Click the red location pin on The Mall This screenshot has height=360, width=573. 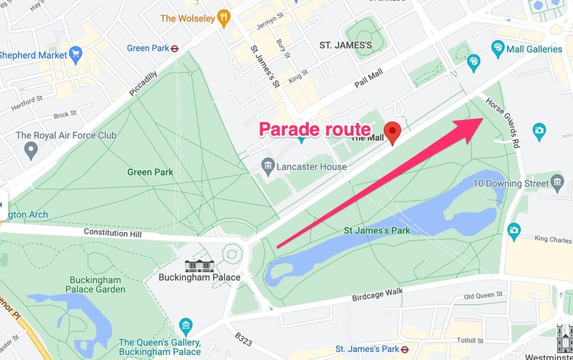point(392,132)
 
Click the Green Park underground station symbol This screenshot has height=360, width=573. point(174,49)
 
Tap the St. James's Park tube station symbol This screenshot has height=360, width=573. point(405,348)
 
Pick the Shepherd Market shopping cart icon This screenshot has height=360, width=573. point(75,54)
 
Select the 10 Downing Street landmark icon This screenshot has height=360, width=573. point(557,181)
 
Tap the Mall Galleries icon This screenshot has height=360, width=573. point(498,49)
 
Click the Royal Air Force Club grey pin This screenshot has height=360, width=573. point(30,150)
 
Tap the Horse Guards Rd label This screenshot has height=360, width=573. point(503,123)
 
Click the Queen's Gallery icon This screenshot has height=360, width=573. point(186,324)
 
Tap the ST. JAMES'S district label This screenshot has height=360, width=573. point(346,45)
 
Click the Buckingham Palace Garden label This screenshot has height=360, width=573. point(98,285)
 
